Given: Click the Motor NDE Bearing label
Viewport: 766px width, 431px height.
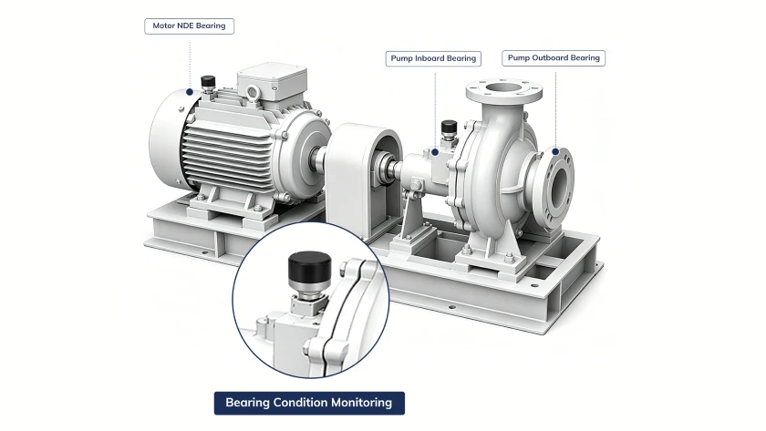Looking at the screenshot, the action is [x=189, y=26].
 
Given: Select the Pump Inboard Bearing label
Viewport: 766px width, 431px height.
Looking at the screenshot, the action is [x=433, y=58].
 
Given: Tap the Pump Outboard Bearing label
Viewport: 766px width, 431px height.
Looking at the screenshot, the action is [x=554, y=58].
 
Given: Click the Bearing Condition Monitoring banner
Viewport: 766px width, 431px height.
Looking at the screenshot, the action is [x=309, y=403].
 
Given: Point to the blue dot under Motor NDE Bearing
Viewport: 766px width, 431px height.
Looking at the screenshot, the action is [x=190, y=92].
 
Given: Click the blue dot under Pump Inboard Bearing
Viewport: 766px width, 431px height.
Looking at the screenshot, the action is [x=435, y=152].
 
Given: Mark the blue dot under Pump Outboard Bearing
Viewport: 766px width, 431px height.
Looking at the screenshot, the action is [x=555, y=152].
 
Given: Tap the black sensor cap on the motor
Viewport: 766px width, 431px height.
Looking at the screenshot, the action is [x=208, y=80].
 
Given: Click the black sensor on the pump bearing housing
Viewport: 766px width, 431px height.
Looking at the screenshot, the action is [x=449, y=127].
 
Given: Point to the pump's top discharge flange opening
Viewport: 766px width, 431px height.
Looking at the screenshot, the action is [x=503, y=88].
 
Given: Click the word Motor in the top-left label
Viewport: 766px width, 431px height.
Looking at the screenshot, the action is [x=163, y=26].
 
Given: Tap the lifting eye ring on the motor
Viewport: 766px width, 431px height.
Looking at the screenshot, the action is [x=253, y=92].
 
